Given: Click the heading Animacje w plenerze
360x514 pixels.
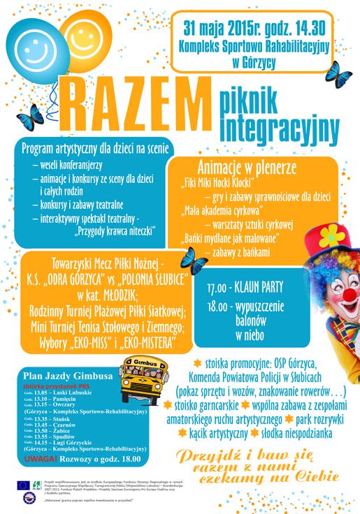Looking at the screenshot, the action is tap(247, 168).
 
